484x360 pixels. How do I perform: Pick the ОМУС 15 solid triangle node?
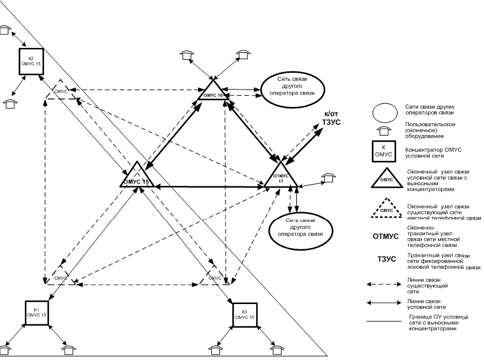click(136, 177)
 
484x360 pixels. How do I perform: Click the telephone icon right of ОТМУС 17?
click(327, 178)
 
